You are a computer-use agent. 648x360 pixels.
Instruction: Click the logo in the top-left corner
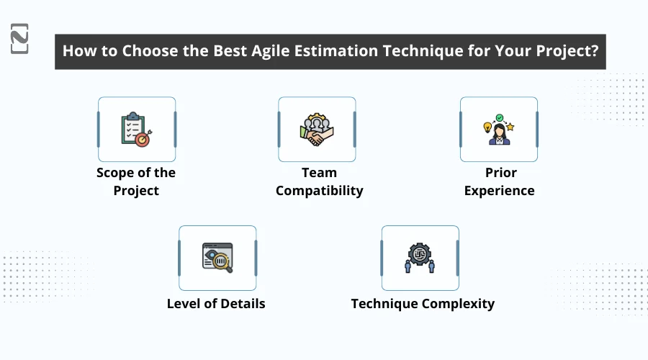click(x=20, y=38)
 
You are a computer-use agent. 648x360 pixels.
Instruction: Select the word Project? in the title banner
click(x=566, y=52)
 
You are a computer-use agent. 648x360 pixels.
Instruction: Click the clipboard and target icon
click(x=136, y=130)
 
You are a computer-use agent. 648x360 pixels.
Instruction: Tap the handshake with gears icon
click(x=316, y=130)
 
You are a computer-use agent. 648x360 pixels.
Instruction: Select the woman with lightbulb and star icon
click(x=499, y=130)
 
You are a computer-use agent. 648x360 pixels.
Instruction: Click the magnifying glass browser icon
click(x=217, y=257)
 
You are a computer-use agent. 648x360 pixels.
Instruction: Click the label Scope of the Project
click(x=136, y=181)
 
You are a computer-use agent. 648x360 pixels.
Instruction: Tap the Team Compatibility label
click(x=319, y=181)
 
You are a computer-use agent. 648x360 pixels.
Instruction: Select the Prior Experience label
click(x=500, y=181)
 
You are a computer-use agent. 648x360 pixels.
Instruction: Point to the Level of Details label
click(x=216, y=303)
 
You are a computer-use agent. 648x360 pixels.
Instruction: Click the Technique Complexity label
click(x=423, y=303)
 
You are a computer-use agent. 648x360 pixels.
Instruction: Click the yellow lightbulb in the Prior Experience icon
click(x=486, y=127)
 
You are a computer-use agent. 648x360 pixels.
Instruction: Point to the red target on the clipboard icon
click(x=142, y=139)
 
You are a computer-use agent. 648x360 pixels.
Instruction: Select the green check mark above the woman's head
click(x=499, y=115)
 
